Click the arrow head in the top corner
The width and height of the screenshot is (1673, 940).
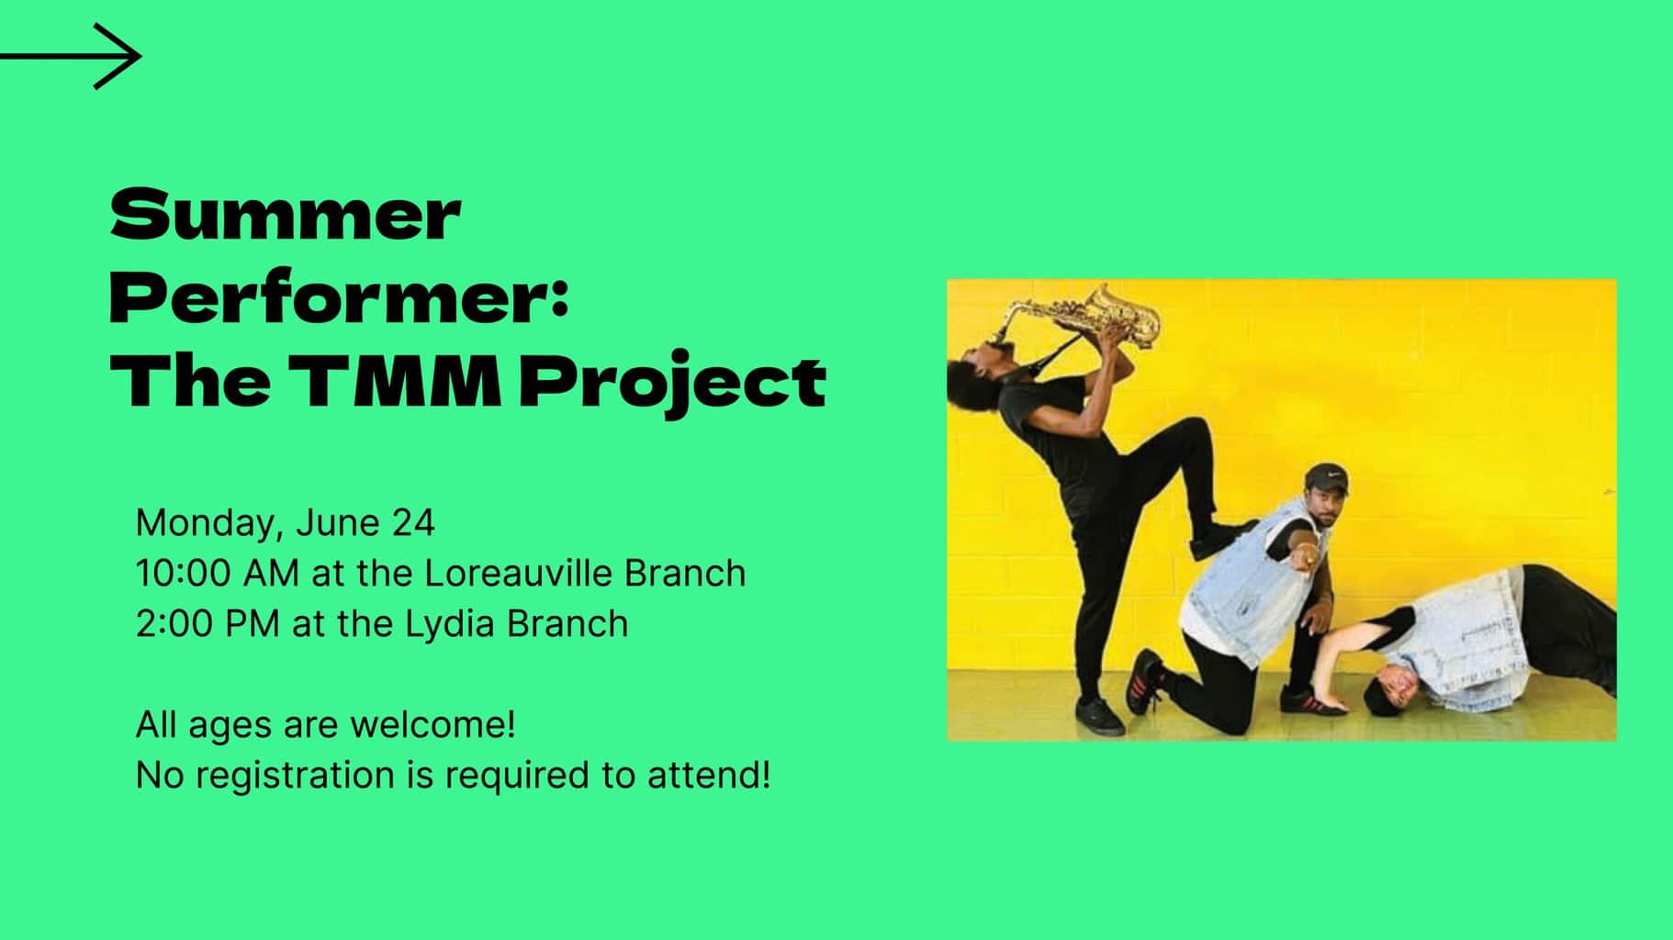click(x=124, y=57)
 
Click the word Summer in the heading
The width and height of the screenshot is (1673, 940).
click(x=285, y=215)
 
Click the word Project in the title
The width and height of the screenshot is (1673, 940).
click(x=672, y=382)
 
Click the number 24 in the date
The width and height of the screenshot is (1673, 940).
click(x=413, y=522)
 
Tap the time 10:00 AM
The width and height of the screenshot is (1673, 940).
click(x=217, y=573)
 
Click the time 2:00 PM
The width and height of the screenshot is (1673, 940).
click(x=208, y=623)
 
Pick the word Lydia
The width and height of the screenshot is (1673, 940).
click(x=450, y=624)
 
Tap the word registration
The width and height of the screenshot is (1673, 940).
click(x=295, y=775)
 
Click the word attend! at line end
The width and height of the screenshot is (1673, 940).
click(x=708, y=775)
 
